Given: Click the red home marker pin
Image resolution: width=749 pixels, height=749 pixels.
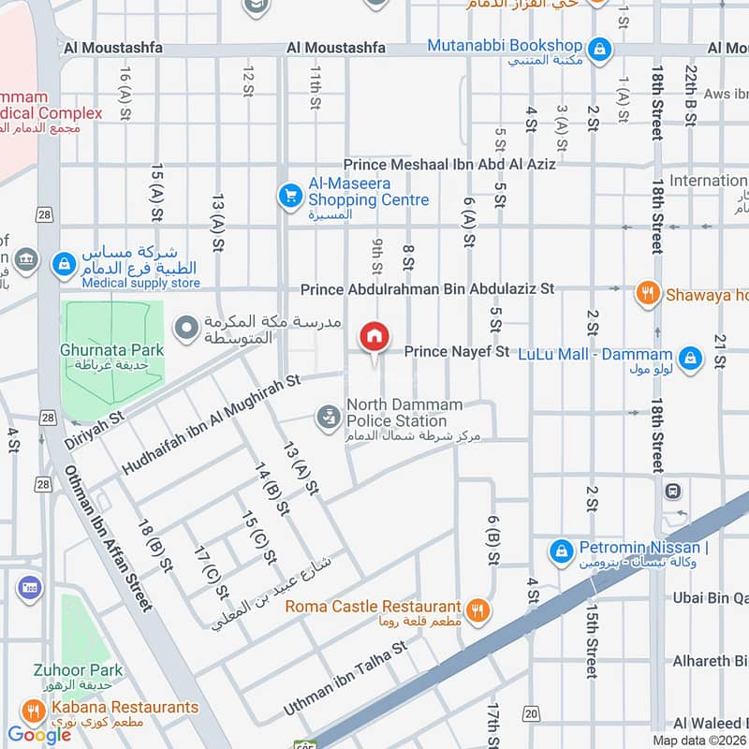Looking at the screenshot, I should coord(374,337).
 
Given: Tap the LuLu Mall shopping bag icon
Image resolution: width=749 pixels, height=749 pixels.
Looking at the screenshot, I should coord(690,357).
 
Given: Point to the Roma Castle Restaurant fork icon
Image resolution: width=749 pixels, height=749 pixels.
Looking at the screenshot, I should coord(478,609).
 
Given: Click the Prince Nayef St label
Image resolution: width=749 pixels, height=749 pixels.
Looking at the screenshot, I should coord(456,352).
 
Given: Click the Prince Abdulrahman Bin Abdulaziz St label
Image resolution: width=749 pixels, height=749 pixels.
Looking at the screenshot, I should coord(427,289).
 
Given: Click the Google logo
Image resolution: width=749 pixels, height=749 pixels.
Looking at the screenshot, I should coord(39,734).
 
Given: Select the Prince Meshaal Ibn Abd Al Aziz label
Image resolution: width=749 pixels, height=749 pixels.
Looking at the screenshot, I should coord(449,164).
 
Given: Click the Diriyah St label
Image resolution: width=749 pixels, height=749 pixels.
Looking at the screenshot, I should coord(95,427).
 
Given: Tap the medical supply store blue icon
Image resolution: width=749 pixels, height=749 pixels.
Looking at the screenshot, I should coord(65,265).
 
